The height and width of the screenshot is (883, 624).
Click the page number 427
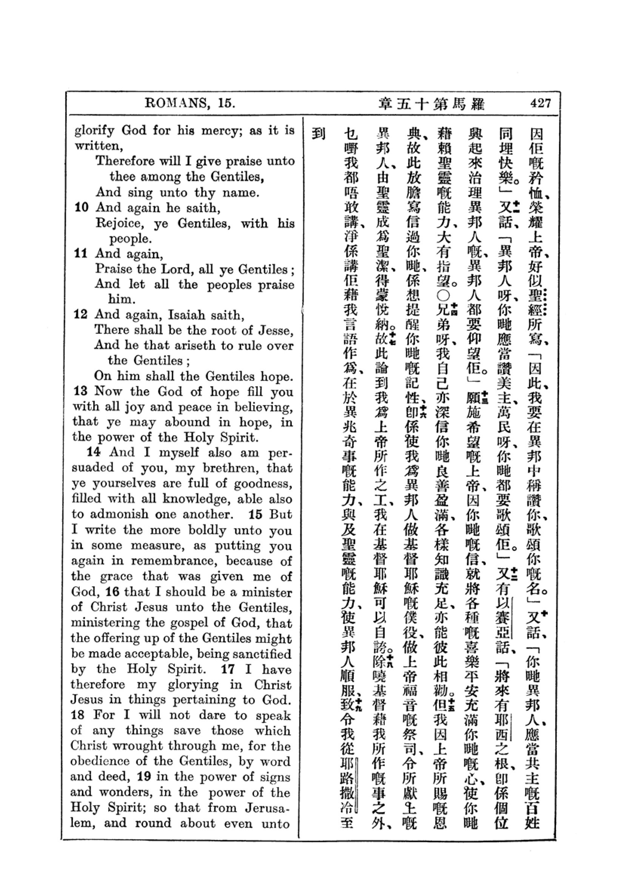click(x=540, y=103)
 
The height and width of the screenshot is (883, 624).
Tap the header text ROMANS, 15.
click(x=190, y=103)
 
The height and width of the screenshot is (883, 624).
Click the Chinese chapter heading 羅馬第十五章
click(x=431, y=104)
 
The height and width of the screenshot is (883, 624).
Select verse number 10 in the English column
click(x=81, y=208)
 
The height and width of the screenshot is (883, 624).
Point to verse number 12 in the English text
click(x=80, y=314)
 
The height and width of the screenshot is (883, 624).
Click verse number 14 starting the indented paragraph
click(x=93, y=452)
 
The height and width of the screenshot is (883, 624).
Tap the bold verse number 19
click(x=144, y=777)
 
